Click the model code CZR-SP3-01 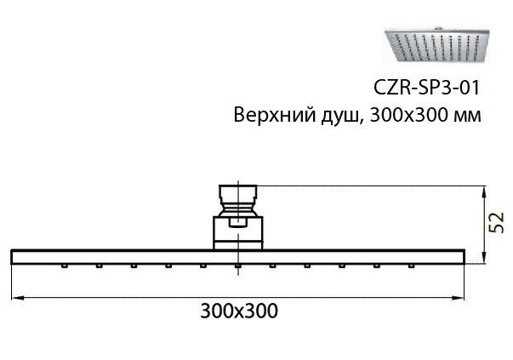(x=426, y=88)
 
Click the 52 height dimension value (x=497, y=222)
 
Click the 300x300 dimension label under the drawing (x=239, y=311)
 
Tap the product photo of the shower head (x=436, y=45)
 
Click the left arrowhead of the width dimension (x=18, y=298)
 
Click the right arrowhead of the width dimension (x=458, y=298)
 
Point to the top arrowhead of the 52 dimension (x=485, y=191)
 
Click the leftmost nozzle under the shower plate (x=65, y=266)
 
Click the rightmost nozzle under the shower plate (x=411, y=266)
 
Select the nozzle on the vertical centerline (x=238, y=266)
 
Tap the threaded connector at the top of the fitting (x=238, y=201)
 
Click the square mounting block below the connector (x=238, y=232)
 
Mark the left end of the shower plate (x=12, y=257)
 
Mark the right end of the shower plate (x=465, y=257)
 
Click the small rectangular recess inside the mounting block (x=238, y=223)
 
